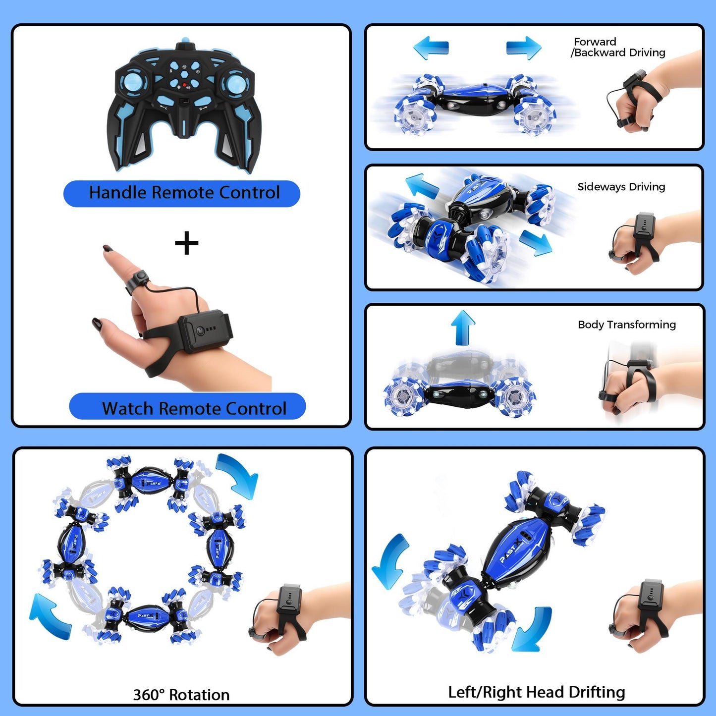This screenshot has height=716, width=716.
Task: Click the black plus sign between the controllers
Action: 187,243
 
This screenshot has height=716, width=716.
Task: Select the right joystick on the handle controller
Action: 235,82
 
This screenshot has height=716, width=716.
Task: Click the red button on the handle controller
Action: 185,86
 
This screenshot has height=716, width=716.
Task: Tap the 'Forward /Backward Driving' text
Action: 618,48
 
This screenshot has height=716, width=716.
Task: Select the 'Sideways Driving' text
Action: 621,187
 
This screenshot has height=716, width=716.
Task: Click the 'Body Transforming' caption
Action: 626,325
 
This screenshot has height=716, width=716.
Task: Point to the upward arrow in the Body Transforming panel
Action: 463,328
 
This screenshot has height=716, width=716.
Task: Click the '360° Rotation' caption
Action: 181,695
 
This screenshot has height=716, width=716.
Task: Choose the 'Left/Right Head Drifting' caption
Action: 536,692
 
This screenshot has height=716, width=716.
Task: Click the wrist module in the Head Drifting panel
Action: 651,598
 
